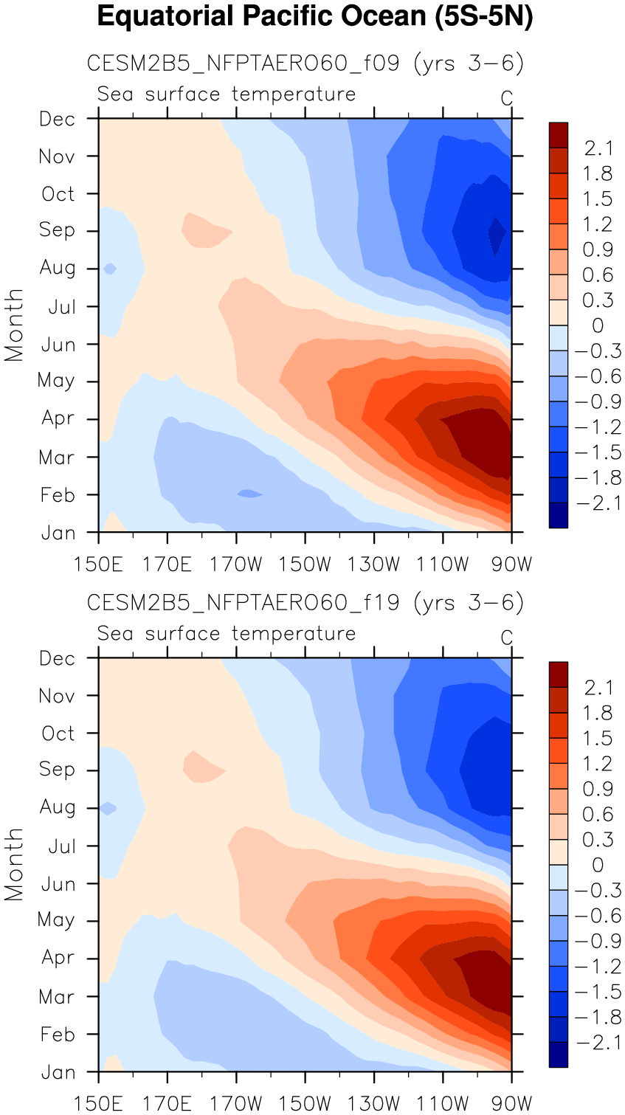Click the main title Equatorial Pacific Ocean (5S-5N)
click(x=314, y=16)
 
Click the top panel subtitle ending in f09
click(x=305, y=63)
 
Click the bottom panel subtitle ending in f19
click(x=305, y=603)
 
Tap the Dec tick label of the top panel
click(x=58, y=120)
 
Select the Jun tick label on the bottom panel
click(x=58, y=884)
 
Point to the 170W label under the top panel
click(x=236, y=565)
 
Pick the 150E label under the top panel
click(x=98, y=565)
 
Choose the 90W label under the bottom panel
click(x=512, y=1104)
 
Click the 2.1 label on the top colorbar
click(x=598, y=148)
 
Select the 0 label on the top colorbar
click(x=598, y=325)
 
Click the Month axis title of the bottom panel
click(x=14, y=864)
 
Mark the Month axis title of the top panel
click(x=14, y=325)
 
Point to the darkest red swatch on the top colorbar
click(x=559, y=134)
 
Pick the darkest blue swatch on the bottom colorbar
click(x=559, y=1054)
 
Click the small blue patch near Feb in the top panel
click(x=249, y=493)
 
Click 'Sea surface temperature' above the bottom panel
click(x=227, y=634)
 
